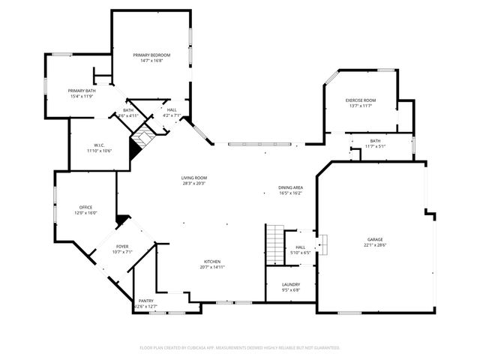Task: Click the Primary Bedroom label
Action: [151, 55]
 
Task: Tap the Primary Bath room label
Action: [82, 91]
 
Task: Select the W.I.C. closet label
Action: [98, 145]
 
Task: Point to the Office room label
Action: [86, 207]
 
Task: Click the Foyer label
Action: [121, 247]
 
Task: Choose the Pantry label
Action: [145, 301]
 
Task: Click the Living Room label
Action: [193, 178]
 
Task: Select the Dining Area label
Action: [290, 187]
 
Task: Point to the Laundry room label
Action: [291, 284]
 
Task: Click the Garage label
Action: [375, 239]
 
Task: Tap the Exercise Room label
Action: [360, 100]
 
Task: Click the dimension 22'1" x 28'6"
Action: [375, 245]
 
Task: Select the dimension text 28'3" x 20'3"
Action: [193, 183]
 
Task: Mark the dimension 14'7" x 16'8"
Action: [151, 61]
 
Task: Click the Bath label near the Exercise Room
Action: [375, 140]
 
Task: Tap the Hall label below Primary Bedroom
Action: [172, 110]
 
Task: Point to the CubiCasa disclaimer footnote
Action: [240, 347]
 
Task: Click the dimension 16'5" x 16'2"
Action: [290, 193]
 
